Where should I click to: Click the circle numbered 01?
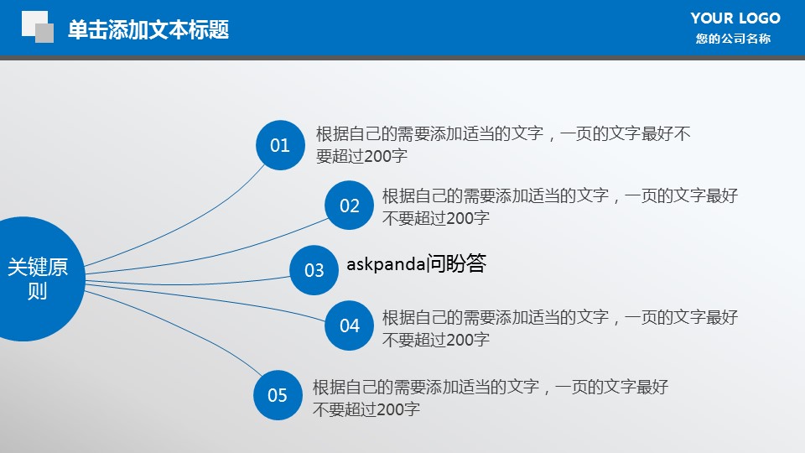(x=280, y=145)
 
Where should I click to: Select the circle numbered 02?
(x=349, y=206)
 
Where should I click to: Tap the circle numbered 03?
(x=314, y=270)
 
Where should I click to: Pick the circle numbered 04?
(x=349, y=325)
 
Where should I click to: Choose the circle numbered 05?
(x=278, y=395)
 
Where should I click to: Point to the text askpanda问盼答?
(x=417, y=264)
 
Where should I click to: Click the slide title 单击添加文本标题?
(x=148, y=29)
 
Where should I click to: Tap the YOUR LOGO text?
(x=735, y=18)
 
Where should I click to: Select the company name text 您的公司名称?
(x=733, y=39)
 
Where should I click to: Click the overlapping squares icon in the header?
(x=38, y=27)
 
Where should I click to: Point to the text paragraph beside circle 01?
(x=503, y=144)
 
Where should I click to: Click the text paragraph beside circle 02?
(x=560, y=206)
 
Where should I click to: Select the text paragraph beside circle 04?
(x=560, y=328)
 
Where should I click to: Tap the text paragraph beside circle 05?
(x=491, y=398)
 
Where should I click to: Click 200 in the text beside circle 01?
(x=377, y=156)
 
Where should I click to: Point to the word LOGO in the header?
(x=760, y=18)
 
